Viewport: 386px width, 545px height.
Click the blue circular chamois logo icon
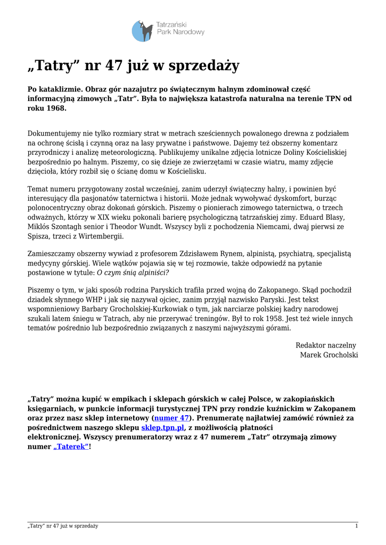click(142, 31)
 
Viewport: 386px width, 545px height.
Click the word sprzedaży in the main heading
click(204, 66)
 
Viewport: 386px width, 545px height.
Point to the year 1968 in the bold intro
click(56, 108)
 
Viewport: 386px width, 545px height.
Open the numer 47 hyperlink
click(171, 418)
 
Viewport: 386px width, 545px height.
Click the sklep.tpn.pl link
click(162, 427)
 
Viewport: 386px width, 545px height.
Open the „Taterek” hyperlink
click(71, 447)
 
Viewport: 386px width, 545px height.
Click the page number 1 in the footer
click(356, 526)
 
